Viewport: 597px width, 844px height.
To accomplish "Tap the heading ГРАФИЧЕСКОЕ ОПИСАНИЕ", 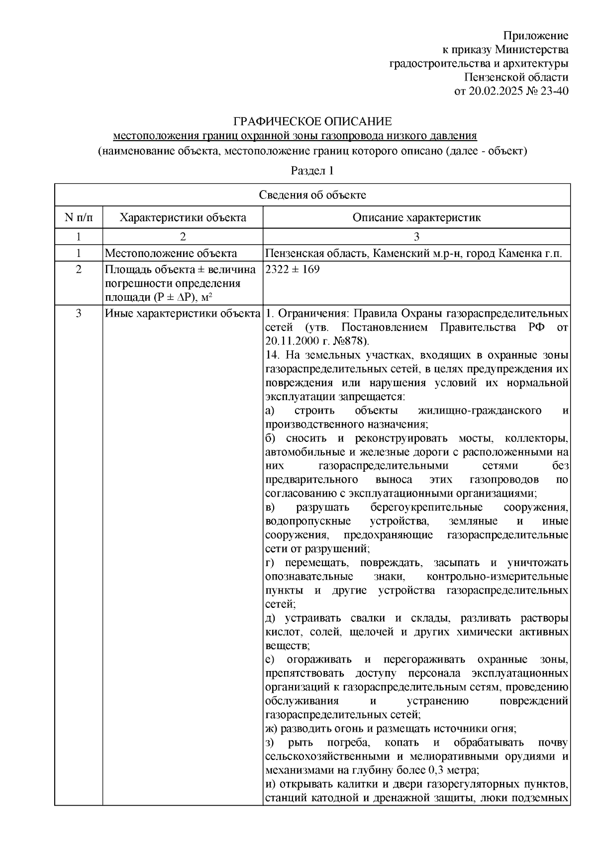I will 313,122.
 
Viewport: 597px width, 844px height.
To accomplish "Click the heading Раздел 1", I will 312,171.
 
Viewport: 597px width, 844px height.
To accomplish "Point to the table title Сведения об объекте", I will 312,195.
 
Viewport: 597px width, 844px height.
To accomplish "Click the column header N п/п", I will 79,217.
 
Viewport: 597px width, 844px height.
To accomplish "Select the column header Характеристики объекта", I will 183,217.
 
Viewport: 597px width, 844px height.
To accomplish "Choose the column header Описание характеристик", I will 416,217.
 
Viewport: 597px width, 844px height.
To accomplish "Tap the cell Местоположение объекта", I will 171,253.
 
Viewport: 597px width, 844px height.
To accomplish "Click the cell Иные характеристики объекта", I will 183,314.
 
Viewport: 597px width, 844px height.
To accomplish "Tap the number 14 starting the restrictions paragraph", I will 271,355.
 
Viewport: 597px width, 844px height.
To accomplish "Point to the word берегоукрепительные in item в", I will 426,507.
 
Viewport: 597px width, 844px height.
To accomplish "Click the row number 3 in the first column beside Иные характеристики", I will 79,314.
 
